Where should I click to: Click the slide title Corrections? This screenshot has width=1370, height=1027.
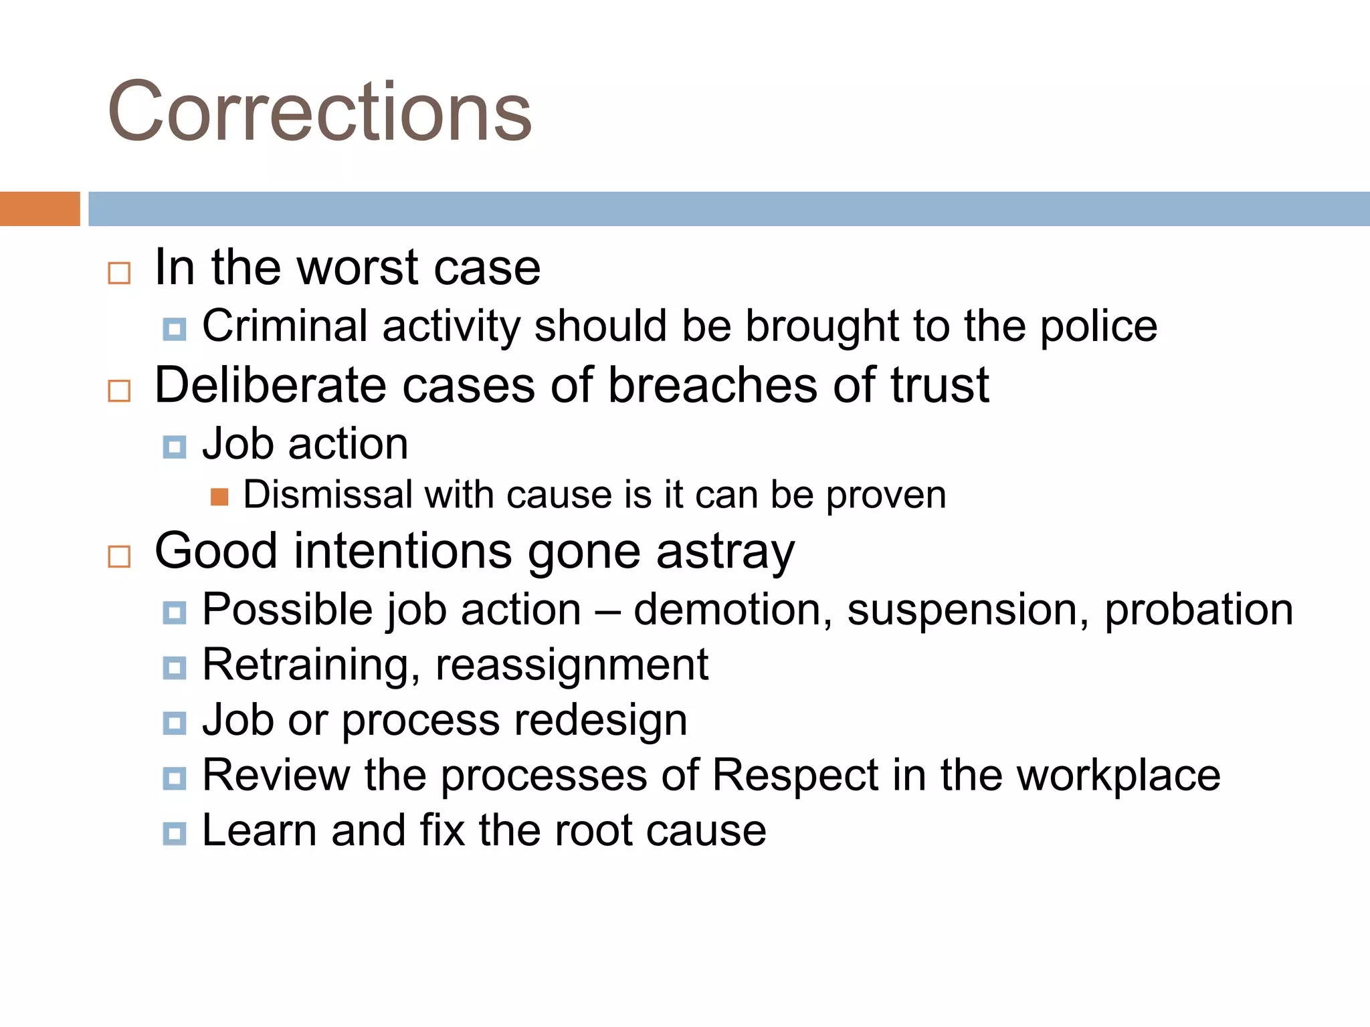[320, 111]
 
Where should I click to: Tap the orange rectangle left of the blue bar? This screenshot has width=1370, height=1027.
[39, 209]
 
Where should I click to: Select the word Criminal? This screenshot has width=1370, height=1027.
[285, 326]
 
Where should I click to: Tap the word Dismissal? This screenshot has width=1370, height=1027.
[328, 495]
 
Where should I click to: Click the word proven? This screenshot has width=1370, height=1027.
[886, 496]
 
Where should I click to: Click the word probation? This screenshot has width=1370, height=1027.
[1199, 610]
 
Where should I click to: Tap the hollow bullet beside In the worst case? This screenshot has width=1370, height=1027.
[119, 273]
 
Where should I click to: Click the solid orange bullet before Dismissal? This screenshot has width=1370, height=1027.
[219, 497]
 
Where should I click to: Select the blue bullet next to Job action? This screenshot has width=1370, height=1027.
[175, 447]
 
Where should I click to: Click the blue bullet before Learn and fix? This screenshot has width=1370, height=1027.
[175, 833]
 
